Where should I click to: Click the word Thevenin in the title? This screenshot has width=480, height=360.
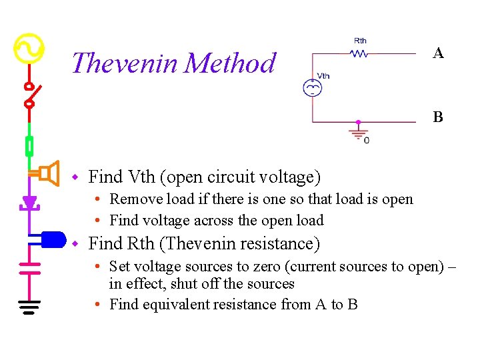tap(125, 63)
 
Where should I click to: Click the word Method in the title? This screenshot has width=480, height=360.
tap(230, 63)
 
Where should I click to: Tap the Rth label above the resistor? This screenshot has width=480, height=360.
tap(360, 41)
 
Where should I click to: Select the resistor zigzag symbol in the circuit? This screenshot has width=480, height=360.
tap(360, 53)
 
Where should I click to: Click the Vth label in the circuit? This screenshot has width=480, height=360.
tap(323, 76)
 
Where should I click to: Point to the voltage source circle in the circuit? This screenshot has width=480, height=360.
tap(311, 88)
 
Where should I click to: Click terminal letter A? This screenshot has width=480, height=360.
tap(438, 53)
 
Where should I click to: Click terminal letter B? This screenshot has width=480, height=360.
tap(438, 118)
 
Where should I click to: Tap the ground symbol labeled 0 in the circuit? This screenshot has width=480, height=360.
tap(358, 133)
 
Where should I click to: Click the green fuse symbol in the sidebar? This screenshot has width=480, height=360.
tap(29, 145)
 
